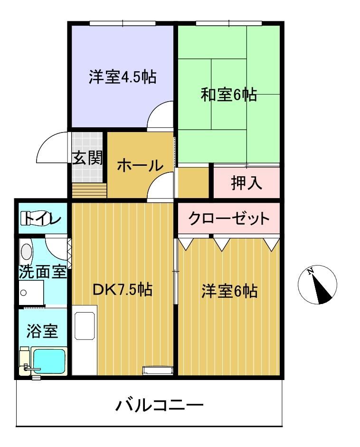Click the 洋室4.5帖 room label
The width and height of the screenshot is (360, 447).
click(x=123, y=76)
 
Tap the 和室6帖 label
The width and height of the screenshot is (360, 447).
click(x=229, y=95)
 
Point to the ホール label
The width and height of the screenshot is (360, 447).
click(x=140, y=165)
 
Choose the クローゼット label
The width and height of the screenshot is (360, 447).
click(x=229, y=219)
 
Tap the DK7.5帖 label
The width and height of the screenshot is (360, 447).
click(x=123, y=290)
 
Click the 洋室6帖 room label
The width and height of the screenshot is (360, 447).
click(x=229, y=291)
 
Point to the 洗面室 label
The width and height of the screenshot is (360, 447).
click(x=43, y=272)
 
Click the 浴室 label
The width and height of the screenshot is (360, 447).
click(x=42, y=331)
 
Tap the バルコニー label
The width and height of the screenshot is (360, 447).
click(x=160, y=405)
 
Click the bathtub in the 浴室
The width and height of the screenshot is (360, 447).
click(x=49, y=361)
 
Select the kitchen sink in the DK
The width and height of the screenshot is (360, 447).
click(x=85, y=325)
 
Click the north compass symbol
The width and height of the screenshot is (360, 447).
click(x=317, y=285)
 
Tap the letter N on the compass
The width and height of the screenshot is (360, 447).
click(x=311, y=271)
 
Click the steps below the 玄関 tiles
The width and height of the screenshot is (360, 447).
click(x=89, y=190)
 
